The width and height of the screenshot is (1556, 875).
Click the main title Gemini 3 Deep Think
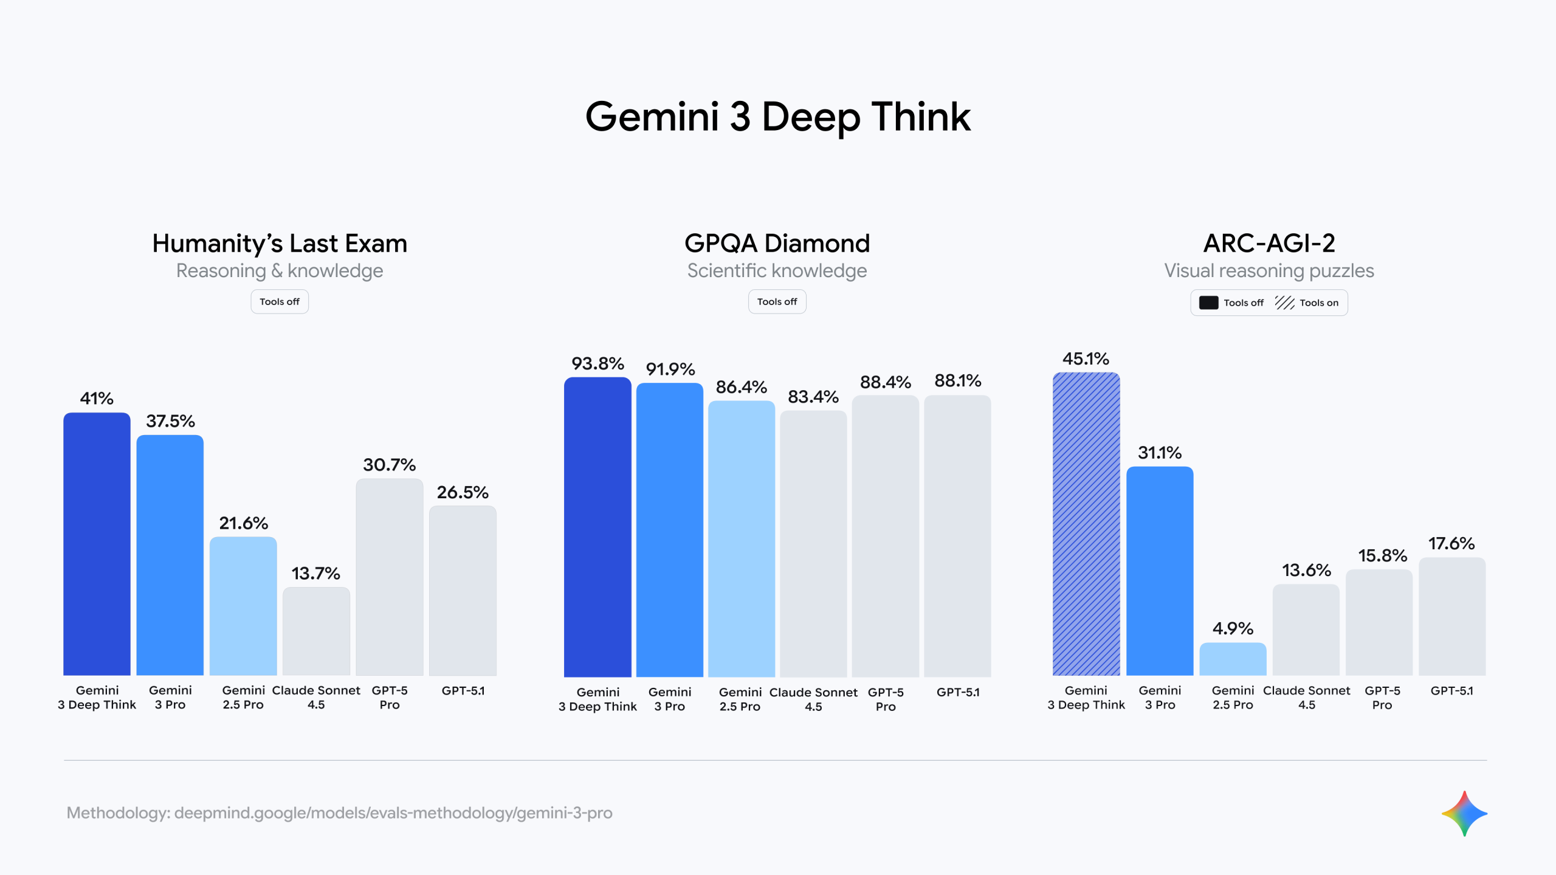click(777, 117)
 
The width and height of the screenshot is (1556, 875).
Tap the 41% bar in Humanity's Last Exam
click(97, 544)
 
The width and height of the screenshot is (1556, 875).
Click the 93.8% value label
click(597, 364)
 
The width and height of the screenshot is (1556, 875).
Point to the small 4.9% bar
click(1233, 659)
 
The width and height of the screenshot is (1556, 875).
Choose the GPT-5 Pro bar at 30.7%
click(389, 577)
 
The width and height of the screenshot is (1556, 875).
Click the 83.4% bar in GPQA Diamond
click(813, 543)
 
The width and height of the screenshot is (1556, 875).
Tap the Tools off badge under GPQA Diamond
click(777, 302)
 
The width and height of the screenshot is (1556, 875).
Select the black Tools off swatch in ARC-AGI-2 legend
click(1208, 303)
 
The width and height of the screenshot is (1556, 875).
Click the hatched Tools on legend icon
click(1284, 303)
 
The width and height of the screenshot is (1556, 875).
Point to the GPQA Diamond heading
click(777, 244)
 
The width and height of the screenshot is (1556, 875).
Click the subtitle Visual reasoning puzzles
click(1269, 271)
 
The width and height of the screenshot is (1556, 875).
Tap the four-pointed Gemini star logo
click(1464, 813)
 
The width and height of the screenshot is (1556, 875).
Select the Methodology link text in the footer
click(339, 813)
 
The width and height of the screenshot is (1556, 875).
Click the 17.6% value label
click(1451, 544)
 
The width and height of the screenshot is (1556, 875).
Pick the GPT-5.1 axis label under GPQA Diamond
click(958, 692)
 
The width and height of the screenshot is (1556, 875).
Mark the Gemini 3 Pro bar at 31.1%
click(1160, 571)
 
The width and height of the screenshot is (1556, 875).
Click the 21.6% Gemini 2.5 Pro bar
click(243, 606)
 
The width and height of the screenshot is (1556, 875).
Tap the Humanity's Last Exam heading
click(280, 244)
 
